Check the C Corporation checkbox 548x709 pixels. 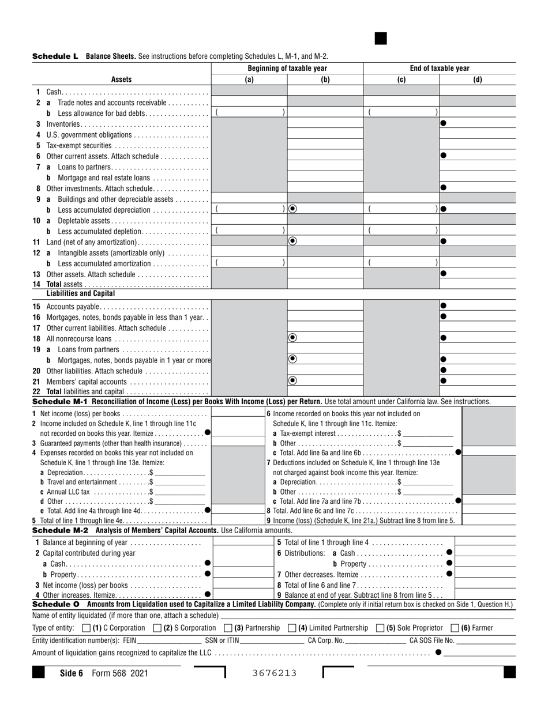click(x=87, y=628)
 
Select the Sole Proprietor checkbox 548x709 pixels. click(x=380, y=628)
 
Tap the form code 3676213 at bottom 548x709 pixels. click(x=274, y=673)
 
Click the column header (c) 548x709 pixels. click(x=401, y=80)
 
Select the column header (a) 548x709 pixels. click(x=249, y=80)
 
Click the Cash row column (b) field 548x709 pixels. click(x=325, y=91)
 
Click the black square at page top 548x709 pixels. click(x=381, y=39)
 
